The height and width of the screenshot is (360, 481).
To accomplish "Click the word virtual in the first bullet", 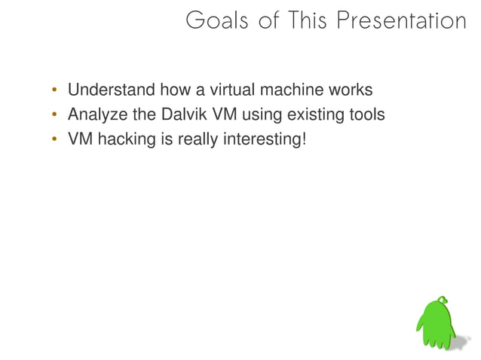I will coord(234,91).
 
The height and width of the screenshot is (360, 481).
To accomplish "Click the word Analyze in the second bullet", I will coord(96,115).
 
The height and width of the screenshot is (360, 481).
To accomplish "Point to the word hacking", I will coord(124,139).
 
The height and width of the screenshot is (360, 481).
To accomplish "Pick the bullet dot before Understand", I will coord(54,92).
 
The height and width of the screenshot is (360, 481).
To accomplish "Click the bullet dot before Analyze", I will coord(54,116).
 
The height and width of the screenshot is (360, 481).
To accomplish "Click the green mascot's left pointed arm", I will coord(421,325).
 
